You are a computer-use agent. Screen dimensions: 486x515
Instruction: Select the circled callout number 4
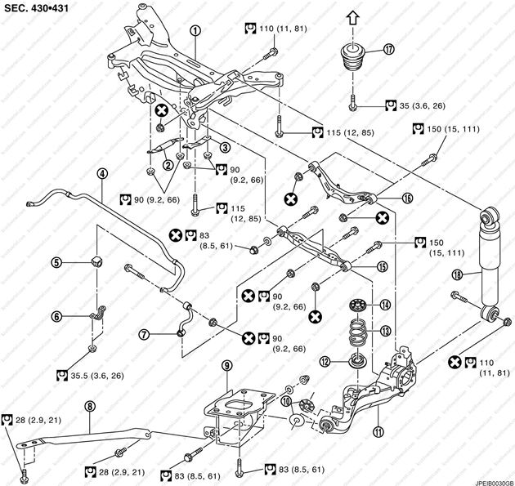pyautogui.click(x=102, y=173)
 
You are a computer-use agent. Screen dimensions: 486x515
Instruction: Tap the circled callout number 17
pyautogui.click(x=388, y=49)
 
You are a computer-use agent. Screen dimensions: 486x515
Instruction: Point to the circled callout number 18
pyautogui.click(x=457, y=274)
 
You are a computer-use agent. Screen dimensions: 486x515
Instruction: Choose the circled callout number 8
pyautogui.click(x=91, y=404)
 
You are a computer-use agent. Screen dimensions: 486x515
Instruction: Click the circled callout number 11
pyautogui.click(x=377, y=409)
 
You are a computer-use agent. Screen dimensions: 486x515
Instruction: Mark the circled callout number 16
pyautogui.click(x=406, y=197)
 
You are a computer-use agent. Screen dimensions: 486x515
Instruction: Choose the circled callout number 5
pyautogui.click(x=57, y=262)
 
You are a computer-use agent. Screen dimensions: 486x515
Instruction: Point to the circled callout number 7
pyautogui.click(x=143, y=333)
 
